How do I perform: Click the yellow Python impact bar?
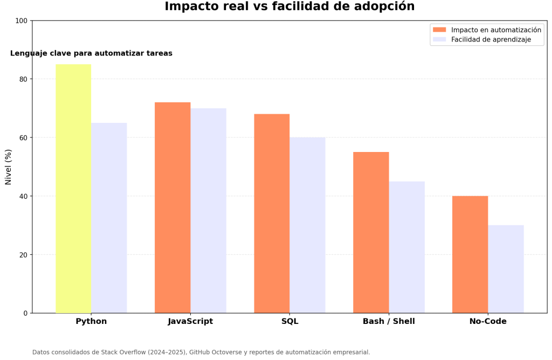[x=73, y=189]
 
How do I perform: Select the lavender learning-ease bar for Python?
[x=109, y=218]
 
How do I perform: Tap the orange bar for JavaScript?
[x=172, y=207]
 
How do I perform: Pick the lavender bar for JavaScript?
[x=208, y=210]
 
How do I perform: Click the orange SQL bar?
[x=272, y=213]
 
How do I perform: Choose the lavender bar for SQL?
[x=307, y=225]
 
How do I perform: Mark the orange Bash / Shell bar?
[x=371, y=232]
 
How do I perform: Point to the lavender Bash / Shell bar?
[x=406, y=247]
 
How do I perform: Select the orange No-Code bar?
[x=470, y=254]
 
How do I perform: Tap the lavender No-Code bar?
[x=506, y=269]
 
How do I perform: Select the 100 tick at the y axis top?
[x=22, y=21]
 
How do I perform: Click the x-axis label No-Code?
[x=488, y=322]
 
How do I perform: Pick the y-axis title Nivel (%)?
[x=9, y=167]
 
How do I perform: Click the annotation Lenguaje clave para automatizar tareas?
[x=91, y=53]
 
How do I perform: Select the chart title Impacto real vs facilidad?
[x=289, y=6]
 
